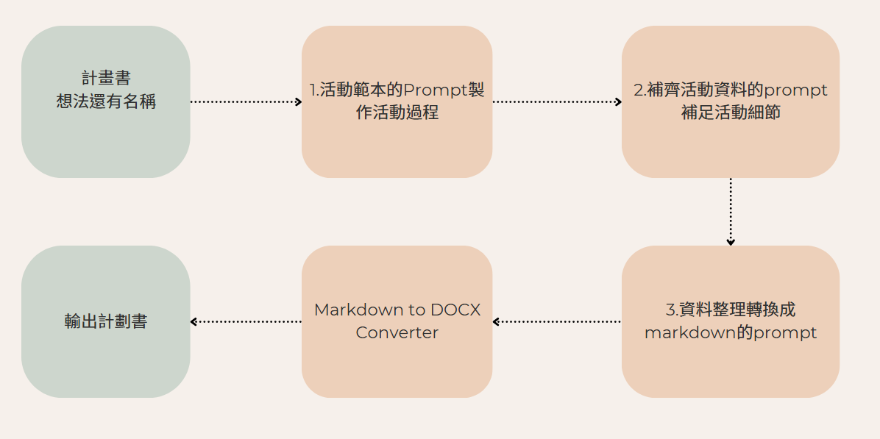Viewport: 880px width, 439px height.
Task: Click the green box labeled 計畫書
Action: pyautogui.click(x=105, y=101)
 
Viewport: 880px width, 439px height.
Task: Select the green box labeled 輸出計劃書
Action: pyautogui.click(x=105, y=321)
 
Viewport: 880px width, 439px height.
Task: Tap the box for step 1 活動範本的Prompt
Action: pyautogui.click(x=397, y=101)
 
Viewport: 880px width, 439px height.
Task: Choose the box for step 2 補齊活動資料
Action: pyautogui.click(x=730, y=101)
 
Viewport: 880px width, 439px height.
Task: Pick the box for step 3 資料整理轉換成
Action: pyautogui.click(x=730, y=321)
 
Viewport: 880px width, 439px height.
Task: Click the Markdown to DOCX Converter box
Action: pyautogui.click(x=397, y=321)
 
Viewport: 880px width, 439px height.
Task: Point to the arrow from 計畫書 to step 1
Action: pyautogui.click(x=246, y=101)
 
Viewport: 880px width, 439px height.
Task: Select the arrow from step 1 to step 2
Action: pyautogui.click(x=557, y=101)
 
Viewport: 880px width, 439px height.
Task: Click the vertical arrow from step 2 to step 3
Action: pyautogui.click(x=731, y=211)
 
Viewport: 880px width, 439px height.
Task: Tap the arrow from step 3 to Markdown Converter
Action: pyautogui.click(x=557, y=321)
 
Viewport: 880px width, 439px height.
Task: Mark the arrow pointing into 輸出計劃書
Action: pyautogui.click(x=246, y=321)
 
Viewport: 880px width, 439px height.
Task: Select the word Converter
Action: pyautogui.click(x=397, y=333)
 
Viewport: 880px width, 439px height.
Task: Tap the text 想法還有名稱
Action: pyautogui.click(x=106, y=102)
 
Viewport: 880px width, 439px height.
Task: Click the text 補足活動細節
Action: pyautogui.click(x=731, y=113)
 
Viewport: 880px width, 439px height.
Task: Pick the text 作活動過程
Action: pyautogui.click(x=397, y=113)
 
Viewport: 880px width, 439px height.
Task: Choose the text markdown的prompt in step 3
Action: pyautogui.click(x=731, y=333)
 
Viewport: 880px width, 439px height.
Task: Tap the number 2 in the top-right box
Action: pyautogui.click(x=639, y=90)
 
